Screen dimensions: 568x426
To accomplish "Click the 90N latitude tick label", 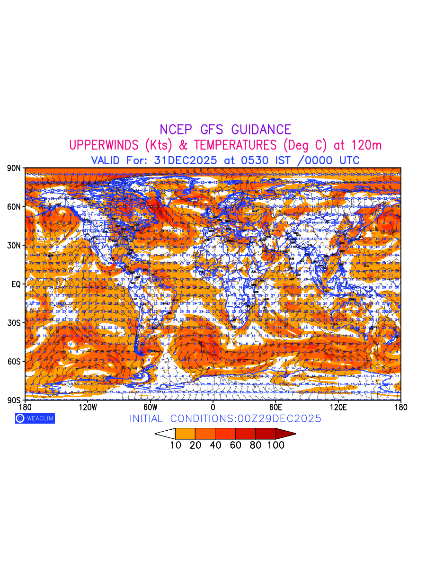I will pos(13,168).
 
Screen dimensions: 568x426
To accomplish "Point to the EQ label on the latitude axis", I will pos(15,284).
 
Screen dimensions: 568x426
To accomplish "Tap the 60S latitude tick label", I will pos(13,362).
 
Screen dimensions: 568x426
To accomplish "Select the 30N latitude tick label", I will pos(13,246).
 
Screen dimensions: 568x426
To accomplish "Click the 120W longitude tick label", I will pos(88,407).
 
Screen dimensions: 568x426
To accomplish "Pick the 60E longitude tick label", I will pos(275,407).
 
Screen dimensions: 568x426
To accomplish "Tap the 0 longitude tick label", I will pos(213,407).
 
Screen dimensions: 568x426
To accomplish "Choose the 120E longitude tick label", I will pos(338,407).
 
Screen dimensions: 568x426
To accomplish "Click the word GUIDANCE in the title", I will pos(261,130).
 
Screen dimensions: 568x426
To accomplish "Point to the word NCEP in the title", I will pos(178,130).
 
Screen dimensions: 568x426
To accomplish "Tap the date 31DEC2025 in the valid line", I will pos(186,160).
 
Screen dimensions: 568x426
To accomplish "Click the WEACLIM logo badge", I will pos(35,418).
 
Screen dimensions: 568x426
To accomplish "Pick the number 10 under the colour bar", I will pos(176,445).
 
